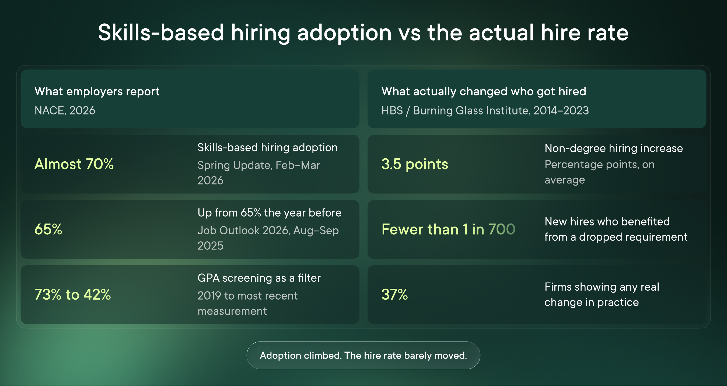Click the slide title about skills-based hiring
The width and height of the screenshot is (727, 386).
coord(363,33)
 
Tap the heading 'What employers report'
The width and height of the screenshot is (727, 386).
coord(97,92)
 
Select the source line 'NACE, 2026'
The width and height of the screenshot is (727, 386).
coord(65,110)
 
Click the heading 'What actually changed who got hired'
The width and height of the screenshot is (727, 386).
coord(484,92)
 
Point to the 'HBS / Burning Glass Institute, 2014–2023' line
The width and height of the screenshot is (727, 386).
coord(485,110)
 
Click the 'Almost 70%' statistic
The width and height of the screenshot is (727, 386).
coord(74,164)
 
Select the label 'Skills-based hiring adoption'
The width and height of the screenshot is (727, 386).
coord(268,148)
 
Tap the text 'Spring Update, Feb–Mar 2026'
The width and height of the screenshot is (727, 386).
coord(259,172)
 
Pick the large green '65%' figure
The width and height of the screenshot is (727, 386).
coord(48,229)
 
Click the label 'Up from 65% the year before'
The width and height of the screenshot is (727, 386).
coord(270,213)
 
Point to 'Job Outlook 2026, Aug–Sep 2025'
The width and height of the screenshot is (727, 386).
coord(268,238)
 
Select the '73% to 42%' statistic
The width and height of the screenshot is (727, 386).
coord(73,294)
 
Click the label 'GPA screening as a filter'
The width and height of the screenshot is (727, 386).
coord(259,278)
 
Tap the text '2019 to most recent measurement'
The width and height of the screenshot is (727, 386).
coord(247,303)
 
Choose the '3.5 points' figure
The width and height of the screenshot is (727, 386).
coord(415,164)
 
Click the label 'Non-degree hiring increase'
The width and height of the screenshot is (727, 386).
coord(614,148)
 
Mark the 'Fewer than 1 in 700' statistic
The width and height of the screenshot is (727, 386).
coord(448,229)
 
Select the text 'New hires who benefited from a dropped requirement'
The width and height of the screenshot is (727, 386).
coord(616,229)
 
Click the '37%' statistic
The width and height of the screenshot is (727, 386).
coord(394,294)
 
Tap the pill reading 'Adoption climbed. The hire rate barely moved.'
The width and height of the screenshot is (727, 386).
coord(363,355)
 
